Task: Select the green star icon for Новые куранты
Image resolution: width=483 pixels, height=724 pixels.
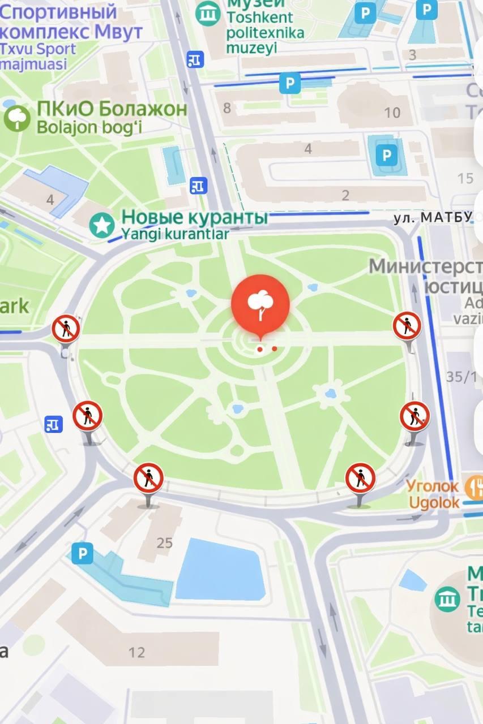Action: [x=102, y=225]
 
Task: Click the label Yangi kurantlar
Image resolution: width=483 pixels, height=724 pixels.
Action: [x=176, y=234]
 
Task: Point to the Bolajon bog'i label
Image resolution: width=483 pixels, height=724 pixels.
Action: [x=89, y=127]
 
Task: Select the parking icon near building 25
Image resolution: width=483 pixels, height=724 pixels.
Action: [x=82, y=553]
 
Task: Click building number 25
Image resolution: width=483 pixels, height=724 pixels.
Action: [x=164, y=543]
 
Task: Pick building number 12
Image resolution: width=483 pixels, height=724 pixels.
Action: [x=136, y=652]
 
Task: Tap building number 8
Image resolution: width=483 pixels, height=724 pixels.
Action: [x=227, y=107]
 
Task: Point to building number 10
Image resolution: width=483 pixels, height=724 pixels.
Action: [x=392, y=113]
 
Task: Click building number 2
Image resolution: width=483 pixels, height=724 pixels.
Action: [x=345, y=196]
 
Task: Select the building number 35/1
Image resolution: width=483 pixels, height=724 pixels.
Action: [x=461, y=377]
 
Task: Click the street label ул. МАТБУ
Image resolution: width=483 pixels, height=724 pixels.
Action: [x=433, y=218]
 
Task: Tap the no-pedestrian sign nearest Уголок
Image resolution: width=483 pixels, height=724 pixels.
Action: [x=361, y=479]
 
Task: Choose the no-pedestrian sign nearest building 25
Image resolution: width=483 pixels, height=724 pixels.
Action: [x=148, y=479]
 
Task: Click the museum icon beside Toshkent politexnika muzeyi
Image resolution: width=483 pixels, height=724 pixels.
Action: [x=208, y=13]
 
